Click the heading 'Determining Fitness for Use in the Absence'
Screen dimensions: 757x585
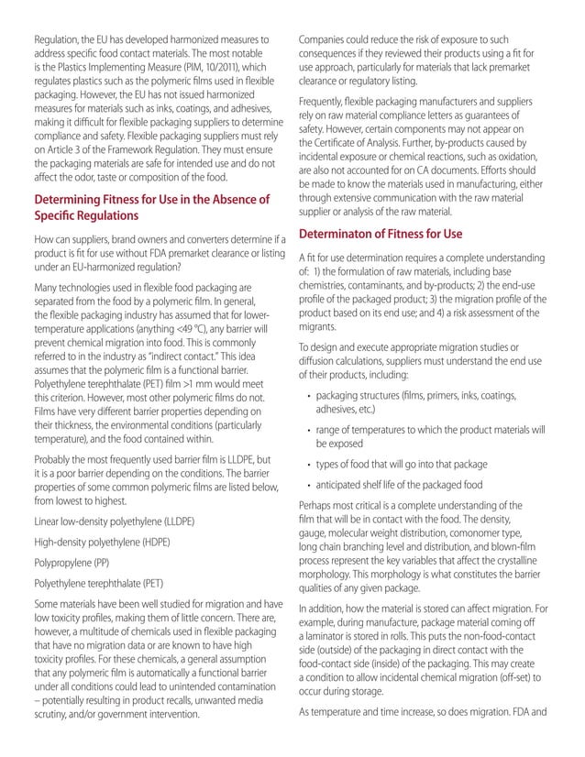click(x=151, y=199)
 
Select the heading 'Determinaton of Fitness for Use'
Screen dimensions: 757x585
click(x=381, y=234)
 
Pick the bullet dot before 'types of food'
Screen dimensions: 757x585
click(x=306, y=465)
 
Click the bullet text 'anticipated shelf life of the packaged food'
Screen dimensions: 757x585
click(x=409, y=485)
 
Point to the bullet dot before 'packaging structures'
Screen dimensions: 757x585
click(x=306, y=395)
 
